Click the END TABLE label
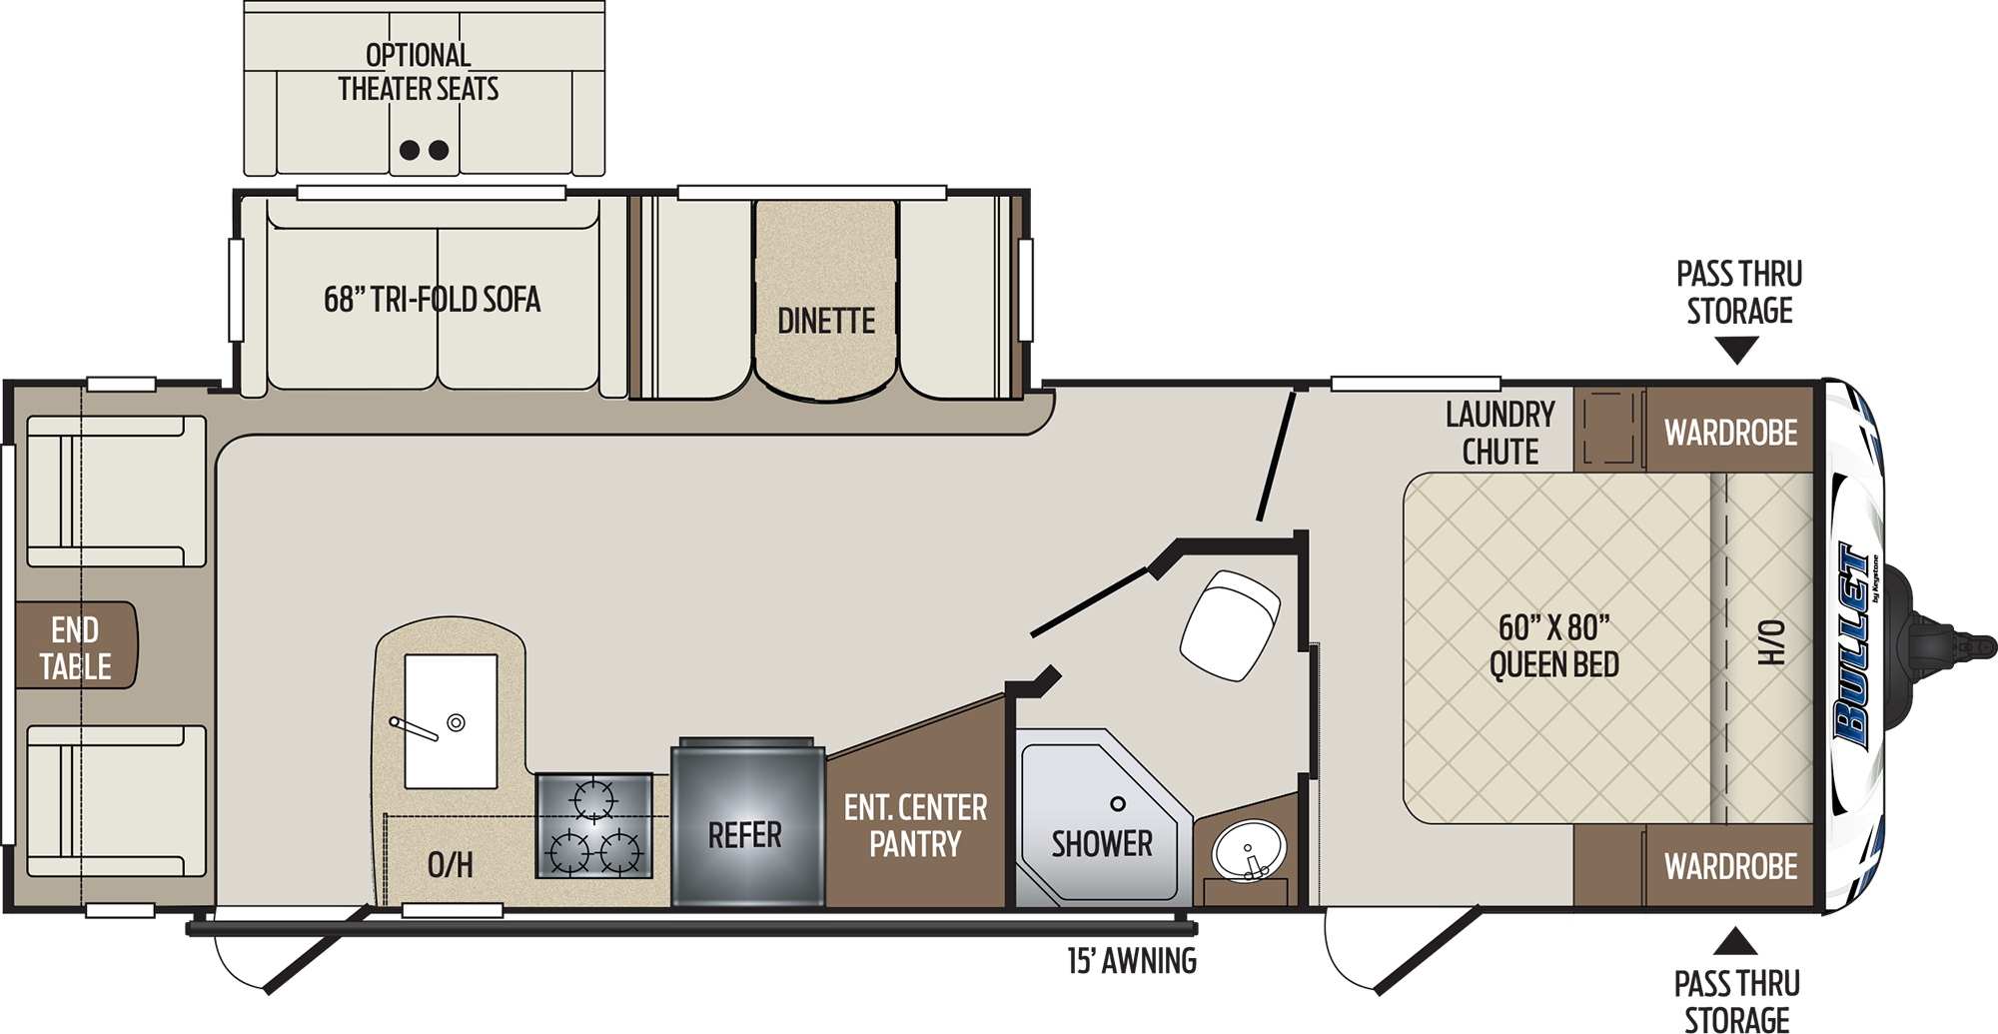pos(75,647)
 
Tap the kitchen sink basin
pos(451,721)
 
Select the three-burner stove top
pos(594,826)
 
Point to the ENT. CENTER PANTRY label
pos(915,825)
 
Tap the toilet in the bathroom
pos(1230,624)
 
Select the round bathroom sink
pos(1248,850)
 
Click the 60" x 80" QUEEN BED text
pos(1553,646)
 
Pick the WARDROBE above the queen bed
pos(1730,433)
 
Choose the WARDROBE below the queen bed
pos(1730,866)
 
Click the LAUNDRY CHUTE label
pos(1499,433)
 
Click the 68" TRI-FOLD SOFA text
pos(432,299)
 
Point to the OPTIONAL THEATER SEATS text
pos(418,72)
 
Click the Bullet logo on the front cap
pos(1853,644)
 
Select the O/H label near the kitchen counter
pos(450,864)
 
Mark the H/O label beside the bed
pos(1770,642)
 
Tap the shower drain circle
pos(1118,804)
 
